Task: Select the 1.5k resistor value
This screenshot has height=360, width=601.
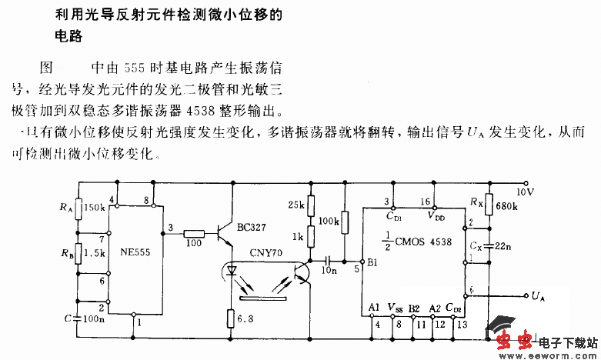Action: (95, 252)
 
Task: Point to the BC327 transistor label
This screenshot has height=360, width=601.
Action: (252, 228)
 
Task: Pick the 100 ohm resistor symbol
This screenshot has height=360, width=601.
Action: (193, 233)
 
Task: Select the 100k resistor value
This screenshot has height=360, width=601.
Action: (328, 221)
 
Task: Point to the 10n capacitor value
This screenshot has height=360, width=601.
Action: (329, 271)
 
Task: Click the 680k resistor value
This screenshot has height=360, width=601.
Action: (506, 206)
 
